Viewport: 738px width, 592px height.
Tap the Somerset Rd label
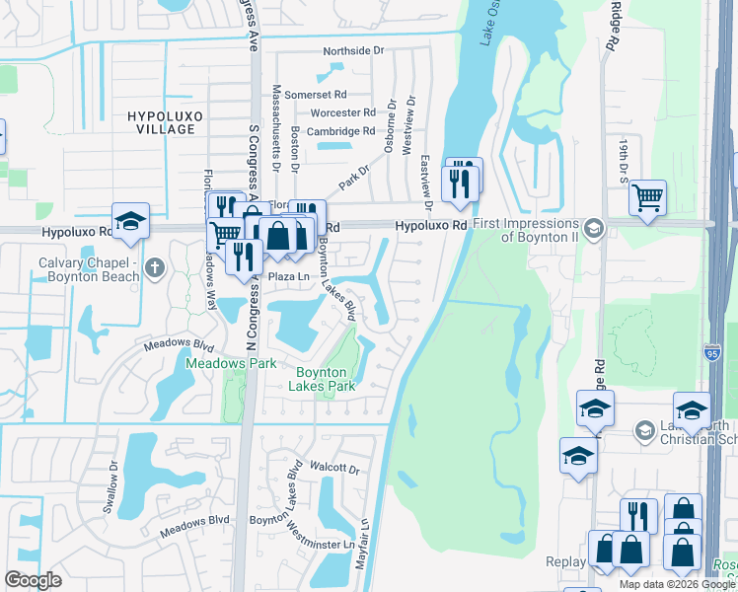pos(341,94)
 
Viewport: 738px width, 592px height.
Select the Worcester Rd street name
pos(342,112)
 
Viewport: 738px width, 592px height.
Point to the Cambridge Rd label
pos(340,131)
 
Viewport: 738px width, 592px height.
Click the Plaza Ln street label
pos(290,277)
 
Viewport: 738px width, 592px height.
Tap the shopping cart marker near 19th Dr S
pos(647,197)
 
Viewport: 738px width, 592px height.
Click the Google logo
pos(33,580)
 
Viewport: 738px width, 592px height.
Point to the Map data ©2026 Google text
pos(677,584)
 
